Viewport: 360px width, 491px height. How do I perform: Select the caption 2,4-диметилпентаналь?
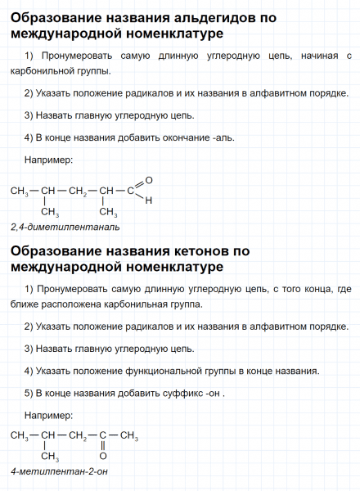click(65, 226)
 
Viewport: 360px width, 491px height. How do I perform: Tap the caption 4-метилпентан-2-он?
click(60, 473)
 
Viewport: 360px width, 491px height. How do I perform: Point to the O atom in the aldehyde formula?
click(148, 179)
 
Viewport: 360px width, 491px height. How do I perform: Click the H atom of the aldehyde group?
click(149, 200)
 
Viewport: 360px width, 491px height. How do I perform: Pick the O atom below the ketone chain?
click(104, 456)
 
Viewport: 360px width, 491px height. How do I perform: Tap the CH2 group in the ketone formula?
click(78, 436)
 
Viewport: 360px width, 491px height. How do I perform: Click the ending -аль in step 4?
click(223, 137)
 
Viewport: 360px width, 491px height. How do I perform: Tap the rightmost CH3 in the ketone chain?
click(128, 436)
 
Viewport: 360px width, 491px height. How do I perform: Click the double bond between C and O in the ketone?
click(104, 446)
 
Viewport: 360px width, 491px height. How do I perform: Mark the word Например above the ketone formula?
click(49, 414)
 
